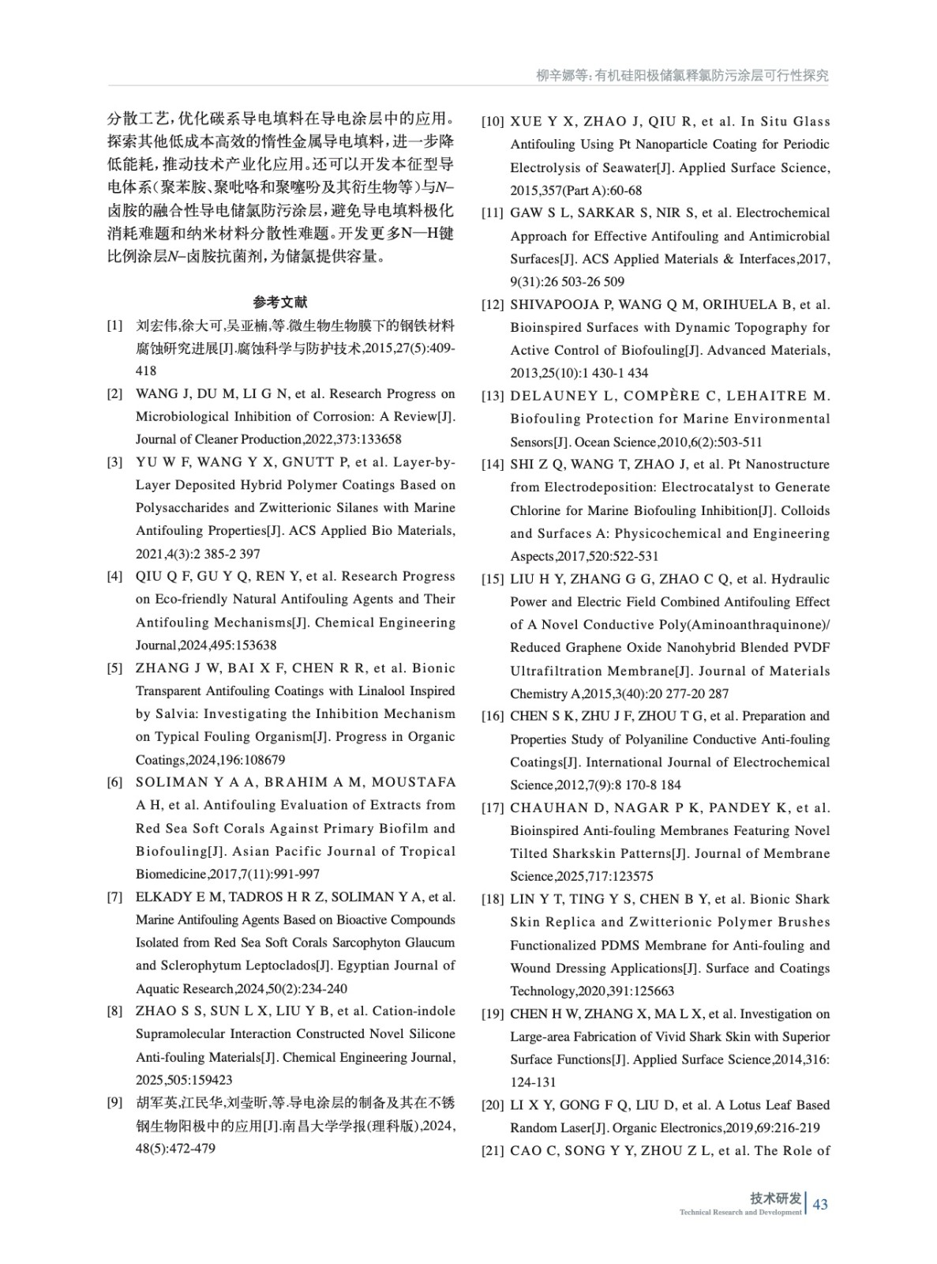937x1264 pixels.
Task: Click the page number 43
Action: [820, 1204]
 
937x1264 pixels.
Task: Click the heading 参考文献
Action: [280, 302]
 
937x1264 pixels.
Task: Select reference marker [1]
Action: [115, 325]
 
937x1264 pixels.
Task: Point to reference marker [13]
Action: [493, 396]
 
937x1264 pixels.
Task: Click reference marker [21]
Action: [493, 1151]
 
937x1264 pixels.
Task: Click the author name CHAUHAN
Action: [546, 807]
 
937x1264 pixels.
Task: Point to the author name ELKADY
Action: [160, 897]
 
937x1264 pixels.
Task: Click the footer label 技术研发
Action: [775, 1198]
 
